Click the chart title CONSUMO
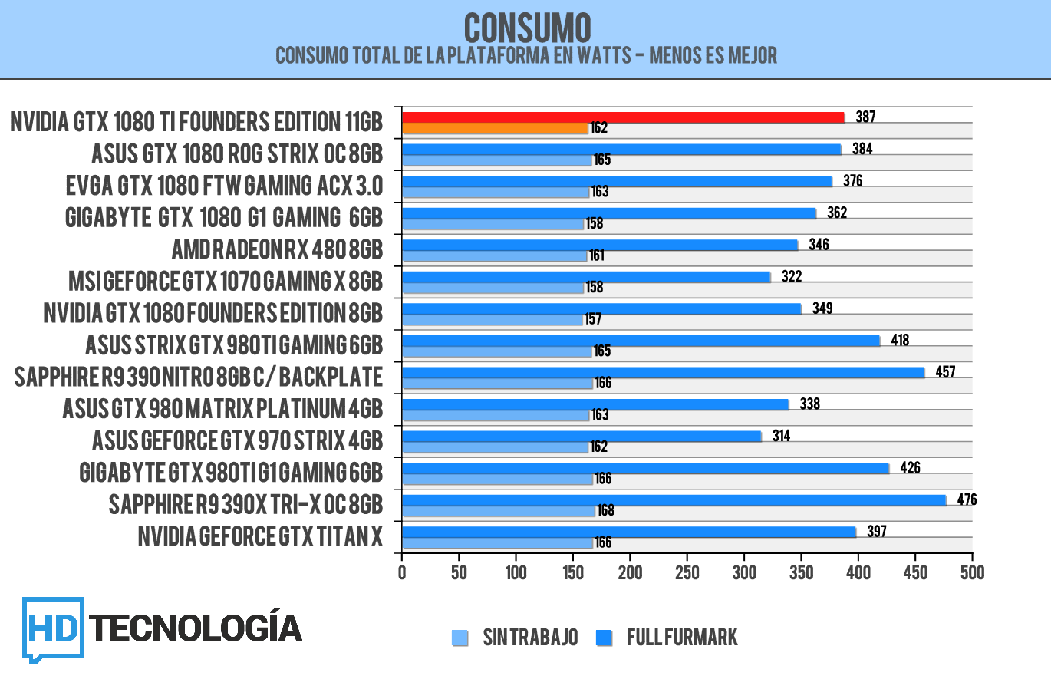527,28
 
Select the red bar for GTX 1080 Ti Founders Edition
622,117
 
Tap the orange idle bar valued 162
494,129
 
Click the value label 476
967,499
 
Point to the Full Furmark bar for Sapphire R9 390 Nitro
663,372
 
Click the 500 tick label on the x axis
972,572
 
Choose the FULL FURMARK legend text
682,638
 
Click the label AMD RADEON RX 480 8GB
277,250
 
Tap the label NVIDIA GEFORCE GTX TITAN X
260,536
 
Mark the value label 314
781,436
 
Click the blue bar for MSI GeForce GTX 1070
585,276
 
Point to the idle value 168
605,511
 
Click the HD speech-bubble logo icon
52,628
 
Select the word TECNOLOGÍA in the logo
196,627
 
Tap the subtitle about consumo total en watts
526,55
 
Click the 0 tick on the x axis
402,572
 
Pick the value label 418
899,340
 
